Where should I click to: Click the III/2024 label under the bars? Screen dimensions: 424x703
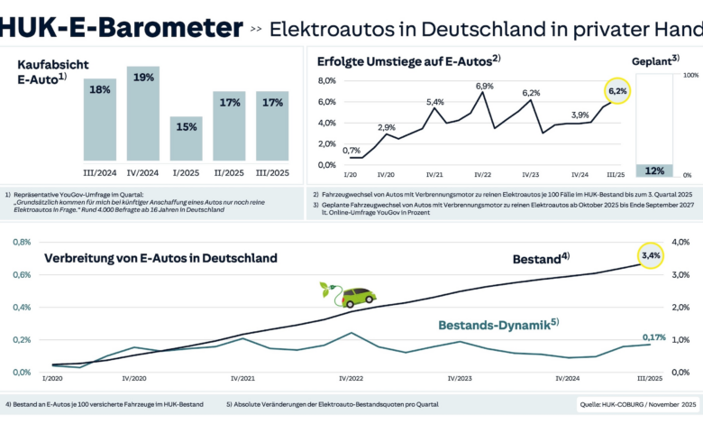(x=100, y=172)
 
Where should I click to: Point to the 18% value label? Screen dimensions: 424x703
(x=100, y=89)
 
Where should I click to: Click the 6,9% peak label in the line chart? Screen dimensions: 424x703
(x=485, y=86)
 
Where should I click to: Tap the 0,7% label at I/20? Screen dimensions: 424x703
(x=352, y=151)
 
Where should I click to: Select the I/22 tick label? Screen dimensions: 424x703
(x=483, y=175)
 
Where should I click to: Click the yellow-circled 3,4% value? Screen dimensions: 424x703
(x=651, y=257)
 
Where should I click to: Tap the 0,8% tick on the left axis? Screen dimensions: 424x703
(x=21, y=243)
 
